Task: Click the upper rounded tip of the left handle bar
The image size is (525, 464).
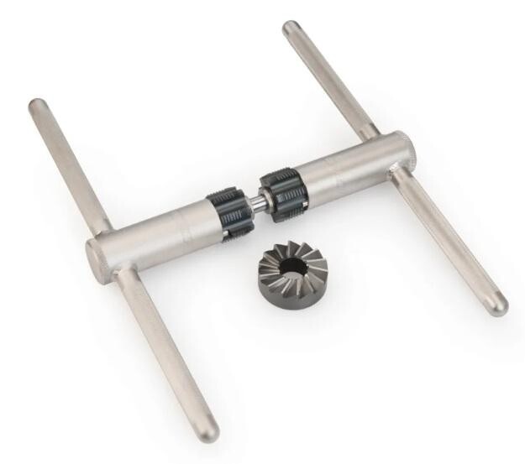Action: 38,107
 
